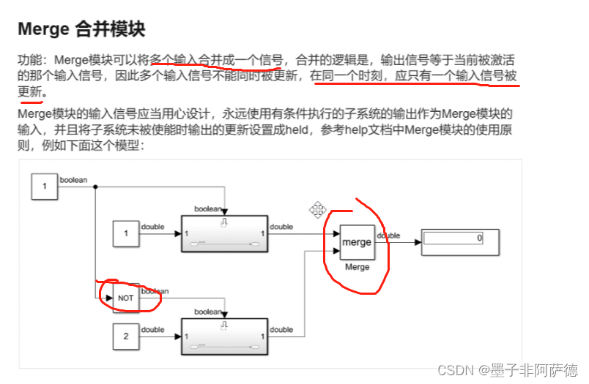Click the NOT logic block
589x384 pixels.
[x=126, y=298]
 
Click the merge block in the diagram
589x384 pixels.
[x=358, y=242]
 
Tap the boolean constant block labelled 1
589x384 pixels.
[x=44, y=186]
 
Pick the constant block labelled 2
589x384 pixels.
[x=126, y=336]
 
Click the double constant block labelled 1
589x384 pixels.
[x=126, y=233]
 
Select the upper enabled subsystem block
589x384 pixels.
[x=226, y=233]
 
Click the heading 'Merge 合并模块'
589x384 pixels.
[x=81, y=29]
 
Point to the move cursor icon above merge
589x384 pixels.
[x=318, y=210]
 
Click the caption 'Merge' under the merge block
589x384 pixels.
[x=358, y=268]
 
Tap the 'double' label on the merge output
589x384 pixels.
[x=388, y=236]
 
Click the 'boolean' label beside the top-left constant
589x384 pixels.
[x=73, y=179]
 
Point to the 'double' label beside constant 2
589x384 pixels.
[x=152, y=330]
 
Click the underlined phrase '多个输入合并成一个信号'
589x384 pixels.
[x=216, y=59]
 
